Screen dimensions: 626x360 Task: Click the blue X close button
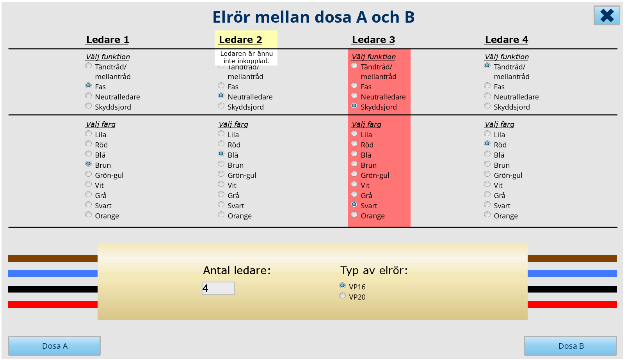point(607,16)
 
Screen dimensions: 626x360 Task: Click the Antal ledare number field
point(218,288)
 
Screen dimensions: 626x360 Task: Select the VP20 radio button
point(342,296)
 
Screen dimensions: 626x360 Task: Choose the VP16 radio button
point(342,286)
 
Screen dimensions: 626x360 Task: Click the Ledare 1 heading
point(108,40)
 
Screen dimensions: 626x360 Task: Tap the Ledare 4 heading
point(507,40)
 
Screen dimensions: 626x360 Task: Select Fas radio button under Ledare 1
point(88,85)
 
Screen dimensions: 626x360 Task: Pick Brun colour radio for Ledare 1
point(88,164)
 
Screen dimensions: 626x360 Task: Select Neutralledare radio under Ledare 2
point(221,96)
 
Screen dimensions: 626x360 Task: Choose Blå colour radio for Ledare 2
point(221,154)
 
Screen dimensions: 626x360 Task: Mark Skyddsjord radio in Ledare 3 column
point(354,106)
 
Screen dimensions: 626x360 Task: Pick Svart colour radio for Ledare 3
point(354,204)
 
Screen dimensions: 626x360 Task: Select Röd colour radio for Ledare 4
point(487,144)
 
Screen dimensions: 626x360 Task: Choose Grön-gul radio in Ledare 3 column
point(354,174)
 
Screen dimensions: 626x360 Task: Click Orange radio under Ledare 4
point(487,215)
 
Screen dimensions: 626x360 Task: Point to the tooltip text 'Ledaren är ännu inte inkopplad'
point(247,57)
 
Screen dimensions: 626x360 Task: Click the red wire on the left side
point(53,305)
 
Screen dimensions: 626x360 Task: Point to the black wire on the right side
point(572,289)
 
